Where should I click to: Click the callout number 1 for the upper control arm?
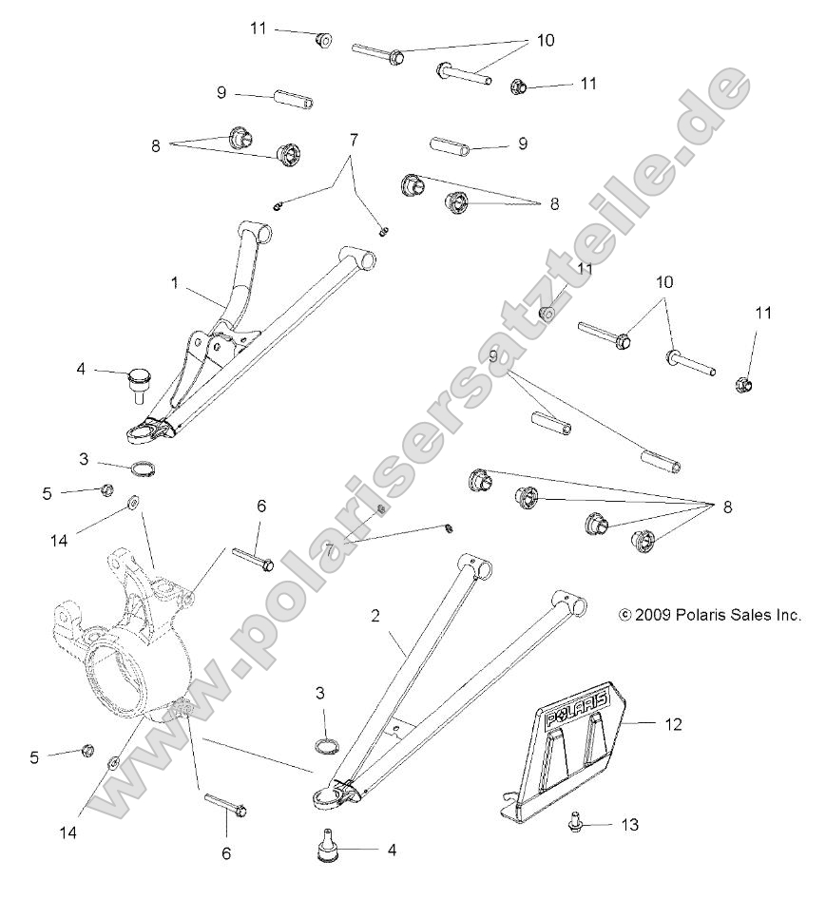(176, 283)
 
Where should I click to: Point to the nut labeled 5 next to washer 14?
(107, 489)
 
